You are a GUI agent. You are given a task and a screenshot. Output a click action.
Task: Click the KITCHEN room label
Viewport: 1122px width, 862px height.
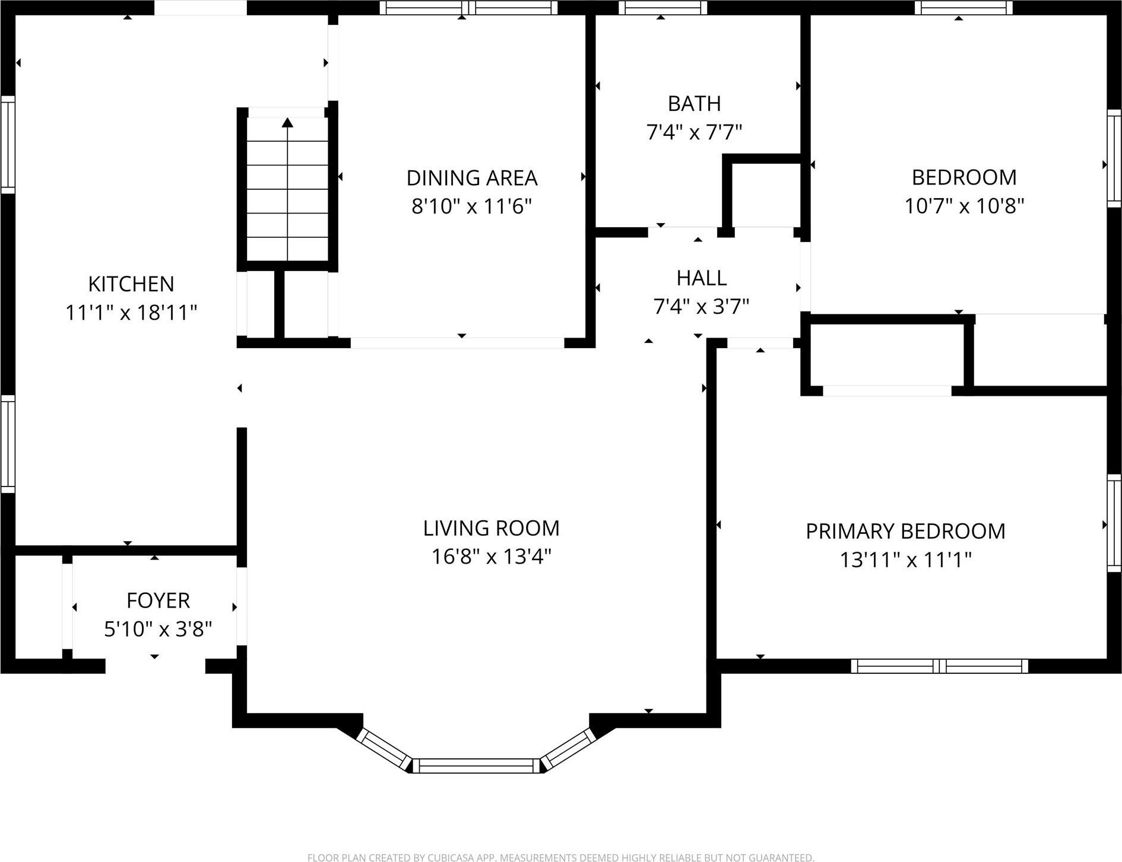131,284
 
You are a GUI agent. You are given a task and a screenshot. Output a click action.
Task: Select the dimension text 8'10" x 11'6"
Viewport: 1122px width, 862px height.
471,206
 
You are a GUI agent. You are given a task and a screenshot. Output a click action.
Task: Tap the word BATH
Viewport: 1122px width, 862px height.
694,104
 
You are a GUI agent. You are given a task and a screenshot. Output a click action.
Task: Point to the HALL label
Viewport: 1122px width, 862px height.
701,278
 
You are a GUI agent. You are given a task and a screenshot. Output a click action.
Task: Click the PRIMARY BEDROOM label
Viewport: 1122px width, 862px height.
905,532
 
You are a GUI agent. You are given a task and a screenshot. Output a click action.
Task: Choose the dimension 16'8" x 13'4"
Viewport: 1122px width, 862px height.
491,557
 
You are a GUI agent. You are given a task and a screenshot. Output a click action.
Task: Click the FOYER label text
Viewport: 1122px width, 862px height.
158,601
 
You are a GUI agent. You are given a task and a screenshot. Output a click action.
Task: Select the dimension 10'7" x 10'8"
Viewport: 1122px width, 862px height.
963,206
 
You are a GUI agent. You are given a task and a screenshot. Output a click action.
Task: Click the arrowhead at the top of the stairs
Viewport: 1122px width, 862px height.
287,123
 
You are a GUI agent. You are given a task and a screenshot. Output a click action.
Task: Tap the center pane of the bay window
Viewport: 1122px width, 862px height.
476,765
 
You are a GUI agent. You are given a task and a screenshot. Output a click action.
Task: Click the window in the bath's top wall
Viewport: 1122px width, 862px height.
663,8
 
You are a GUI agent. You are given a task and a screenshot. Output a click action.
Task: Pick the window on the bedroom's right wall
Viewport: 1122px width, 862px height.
1114,158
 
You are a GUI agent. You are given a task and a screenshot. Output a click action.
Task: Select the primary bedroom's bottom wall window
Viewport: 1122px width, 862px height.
939,666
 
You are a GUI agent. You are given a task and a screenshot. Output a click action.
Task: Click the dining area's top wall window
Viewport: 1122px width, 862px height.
468,8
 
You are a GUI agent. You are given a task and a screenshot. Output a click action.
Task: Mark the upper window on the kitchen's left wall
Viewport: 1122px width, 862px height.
8,144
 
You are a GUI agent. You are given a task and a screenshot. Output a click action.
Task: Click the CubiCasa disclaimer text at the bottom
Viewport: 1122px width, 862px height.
560,857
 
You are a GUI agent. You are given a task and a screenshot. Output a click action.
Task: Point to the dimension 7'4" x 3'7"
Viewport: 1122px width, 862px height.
701,307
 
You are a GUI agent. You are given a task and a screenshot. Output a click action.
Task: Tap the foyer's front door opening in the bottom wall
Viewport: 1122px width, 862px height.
155,666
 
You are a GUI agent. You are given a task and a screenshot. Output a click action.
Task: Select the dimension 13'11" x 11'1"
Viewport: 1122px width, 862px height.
905,560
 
